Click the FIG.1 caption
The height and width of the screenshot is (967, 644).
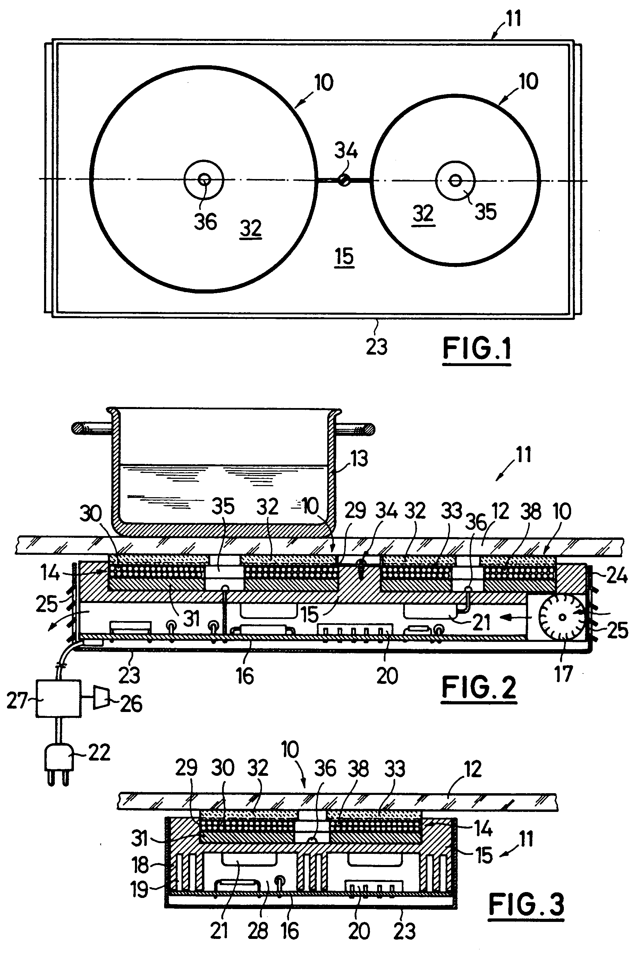[477, 349]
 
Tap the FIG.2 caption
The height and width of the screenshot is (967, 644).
[479, 689]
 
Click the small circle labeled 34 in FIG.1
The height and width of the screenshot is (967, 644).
[344, 179]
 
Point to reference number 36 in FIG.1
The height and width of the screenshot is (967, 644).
[205, 222]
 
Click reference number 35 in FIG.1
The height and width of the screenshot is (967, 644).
[485, 212]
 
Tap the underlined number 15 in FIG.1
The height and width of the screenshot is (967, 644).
[344, 257]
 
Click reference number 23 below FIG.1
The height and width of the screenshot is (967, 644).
[376, 347]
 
